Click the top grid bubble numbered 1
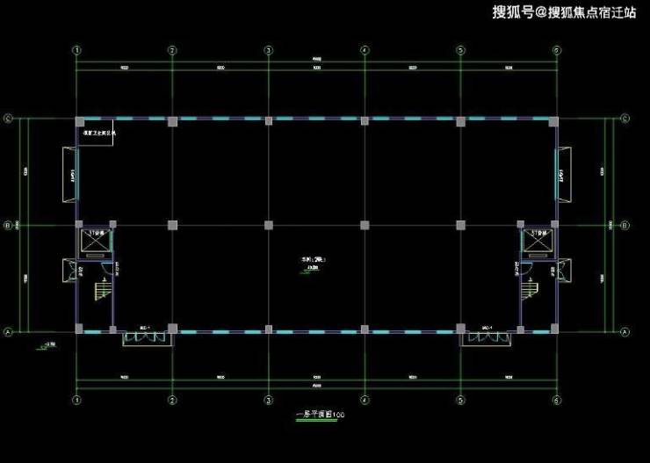click(77, 50)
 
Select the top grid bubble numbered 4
click(364, 50)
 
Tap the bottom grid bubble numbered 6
click(556, 400)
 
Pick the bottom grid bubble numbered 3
click(268, 400)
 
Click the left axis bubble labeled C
click(9, 119)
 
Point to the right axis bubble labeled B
click(625, 226)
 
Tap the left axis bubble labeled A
click(9, 332)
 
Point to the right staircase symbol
click(531, 288)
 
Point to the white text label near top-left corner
click(98, 134)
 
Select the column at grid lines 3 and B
click(268, 226)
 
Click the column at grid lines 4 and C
click(364, 119)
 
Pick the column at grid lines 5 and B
click(459, 226)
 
